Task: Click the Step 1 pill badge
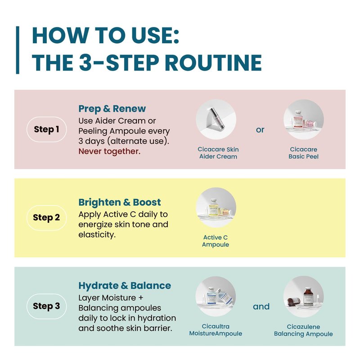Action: coord(47,129)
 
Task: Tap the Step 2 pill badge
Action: coord(47,217)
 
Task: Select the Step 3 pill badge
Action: coord(47,306)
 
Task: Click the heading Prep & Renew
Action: coord(112,109)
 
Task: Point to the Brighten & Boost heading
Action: coord(119,202)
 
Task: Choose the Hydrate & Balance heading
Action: coord(125,286)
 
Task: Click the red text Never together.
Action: coord(109,151)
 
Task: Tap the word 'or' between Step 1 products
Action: coord(260,130)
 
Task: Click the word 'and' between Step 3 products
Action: coord(261,306)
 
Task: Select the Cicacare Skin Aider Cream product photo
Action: coord(216,119)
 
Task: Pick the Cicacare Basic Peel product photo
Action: coord(303,119)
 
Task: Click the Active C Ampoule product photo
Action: coord(216,207)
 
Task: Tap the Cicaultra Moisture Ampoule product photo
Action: coord(216,296)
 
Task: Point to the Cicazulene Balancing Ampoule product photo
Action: coord(303,296)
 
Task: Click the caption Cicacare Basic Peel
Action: coord(303,153)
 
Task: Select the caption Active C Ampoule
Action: coord(216,241)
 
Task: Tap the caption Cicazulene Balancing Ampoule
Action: coord(303,330)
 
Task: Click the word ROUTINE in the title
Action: coord(213,63)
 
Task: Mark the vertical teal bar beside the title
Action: coord(18,50)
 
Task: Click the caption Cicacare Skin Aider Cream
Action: coord(218,153)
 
